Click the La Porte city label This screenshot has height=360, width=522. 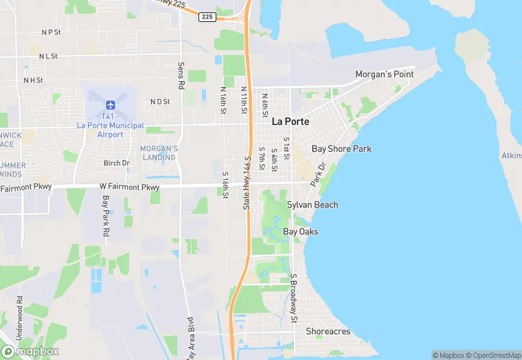291,122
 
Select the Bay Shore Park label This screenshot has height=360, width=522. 341,148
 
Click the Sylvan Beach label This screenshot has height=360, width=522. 313,205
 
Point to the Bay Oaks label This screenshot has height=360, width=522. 301,232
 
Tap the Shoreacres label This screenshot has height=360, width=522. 328,331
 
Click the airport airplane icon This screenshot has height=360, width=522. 110,104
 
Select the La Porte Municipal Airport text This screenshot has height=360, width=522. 110,130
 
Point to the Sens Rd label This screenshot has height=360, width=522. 181,76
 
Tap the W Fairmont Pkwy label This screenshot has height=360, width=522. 129,187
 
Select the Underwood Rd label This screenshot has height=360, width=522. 20,313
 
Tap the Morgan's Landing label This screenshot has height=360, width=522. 159,153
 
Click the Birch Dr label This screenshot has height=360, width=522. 116,163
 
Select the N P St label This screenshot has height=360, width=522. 51,32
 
